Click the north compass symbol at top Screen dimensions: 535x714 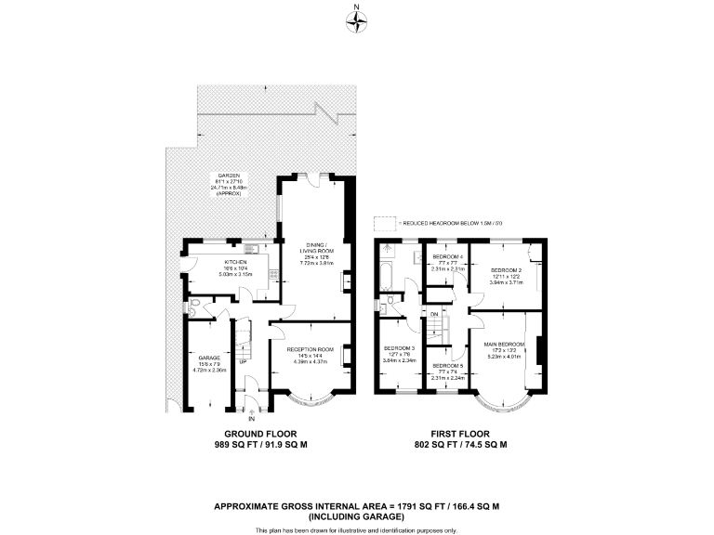(357, 20)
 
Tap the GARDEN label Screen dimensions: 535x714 (229, 176)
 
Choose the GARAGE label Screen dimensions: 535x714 (208, 356)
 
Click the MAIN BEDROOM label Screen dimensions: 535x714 (505, 344)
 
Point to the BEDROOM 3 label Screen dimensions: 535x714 (400, 348)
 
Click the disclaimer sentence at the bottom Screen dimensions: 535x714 (357, 530)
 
